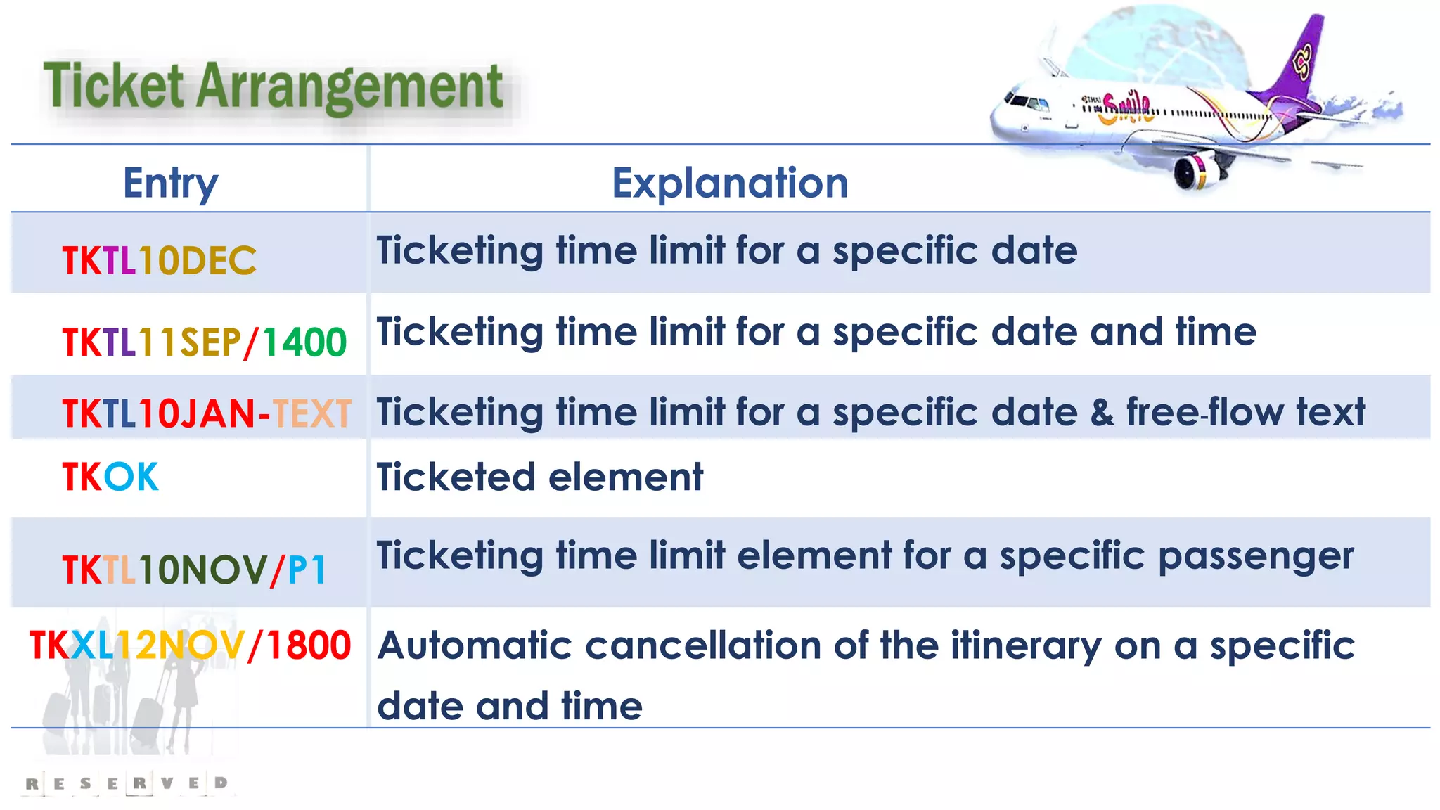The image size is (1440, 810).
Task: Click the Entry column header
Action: click(x=170, y=184)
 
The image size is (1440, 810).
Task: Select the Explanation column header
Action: click(x=730, y=184)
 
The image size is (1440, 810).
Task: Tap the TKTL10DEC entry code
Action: click(x=159, y=261)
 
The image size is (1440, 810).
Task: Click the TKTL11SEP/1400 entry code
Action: click(x=204, y=342)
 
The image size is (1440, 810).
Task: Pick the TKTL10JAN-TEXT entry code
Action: click(x=207, y=413)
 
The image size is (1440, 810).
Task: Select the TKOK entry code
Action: click(x=110, y=477)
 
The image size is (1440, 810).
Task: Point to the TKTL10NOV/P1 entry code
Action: click(x=194, y=570)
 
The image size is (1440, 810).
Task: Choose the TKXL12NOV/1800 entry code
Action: click(x=190, y=645)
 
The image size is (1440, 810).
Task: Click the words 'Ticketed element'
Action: click(x=539, y=477)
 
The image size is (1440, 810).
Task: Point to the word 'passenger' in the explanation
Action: click(x=1255, y=557)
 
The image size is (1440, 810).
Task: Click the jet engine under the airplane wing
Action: click(x=1195, y=170)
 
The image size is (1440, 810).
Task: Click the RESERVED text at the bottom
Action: click(x=127, y=783)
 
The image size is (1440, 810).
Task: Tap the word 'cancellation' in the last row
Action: click(x=703, y=645)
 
